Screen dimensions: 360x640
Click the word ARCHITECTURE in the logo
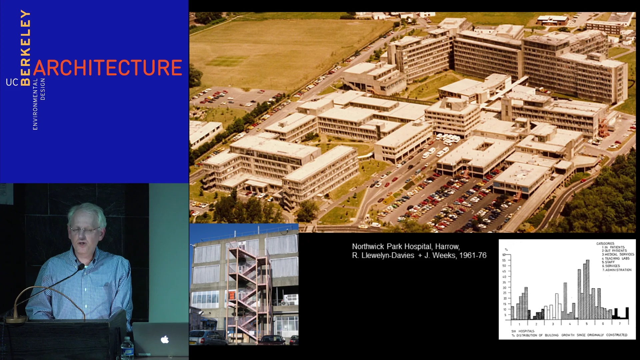point(108,68)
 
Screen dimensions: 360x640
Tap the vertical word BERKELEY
point(26,47)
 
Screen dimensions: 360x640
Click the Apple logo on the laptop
point(165,340)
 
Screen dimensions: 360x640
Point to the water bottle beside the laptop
point(127,349)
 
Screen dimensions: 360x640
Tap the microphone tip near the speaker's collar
point(81,267)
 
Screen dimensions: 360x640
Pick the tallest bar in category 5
point(587,289)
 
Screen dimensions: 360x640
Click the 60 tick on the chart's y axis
point(504,255)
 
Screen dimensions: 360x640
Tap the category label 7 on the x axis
point(620,324)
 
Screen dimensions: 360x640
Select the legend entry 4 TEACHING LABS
point(616,258)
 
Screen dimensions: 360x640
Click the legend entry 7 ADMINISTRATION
point(617,270)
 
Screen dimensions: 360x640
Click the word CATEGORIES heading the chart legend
point(605,244)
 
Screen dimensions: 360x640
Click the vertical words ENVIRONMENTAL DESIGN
point(39,103)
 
